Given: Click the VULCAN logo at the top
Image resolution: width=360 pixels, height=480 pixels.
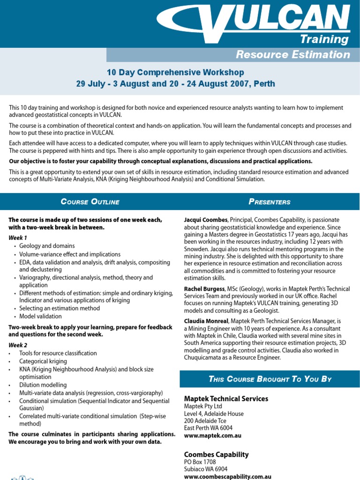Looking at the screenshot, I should point(255,19).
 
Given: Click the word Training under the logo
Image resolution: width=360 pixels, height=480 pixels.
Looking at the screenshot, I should point(324,39).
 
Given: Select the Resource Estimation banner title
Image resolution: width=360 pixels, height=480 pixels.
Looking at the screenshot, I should point(293,54).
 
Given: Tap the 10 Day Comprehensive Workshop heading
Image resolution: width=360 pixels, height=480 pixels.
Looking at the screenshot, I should point(175,72).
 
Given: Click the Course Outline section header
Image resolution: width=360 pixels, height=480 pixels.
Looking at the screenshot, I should point(90,202).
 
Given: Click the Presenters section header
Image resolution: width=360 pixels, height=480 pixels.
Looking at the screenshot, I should point(269,202).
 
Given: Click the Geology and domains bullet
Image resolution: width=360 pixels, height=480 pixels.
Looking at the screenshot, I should point(47,246).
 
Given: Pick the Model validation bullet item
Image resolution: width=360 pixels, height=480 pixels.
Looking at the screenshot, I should point(40,316).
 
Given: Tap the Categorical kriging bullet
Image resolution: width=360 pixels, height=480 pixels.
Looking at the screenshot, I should point(43,361).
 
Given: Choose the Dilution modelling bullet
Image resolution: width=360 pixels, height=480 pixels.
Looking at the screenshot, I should point(43,385).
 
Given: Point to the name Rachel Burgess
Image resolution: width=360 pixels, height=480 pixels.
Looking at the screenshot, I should point(204,289).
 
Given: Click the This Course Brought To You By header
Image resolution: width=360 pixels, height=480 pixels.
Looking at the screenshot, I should point(270,379).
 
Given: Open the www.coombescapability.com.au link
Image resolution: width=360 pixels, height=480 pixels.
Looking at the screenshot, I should point(228,476).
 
